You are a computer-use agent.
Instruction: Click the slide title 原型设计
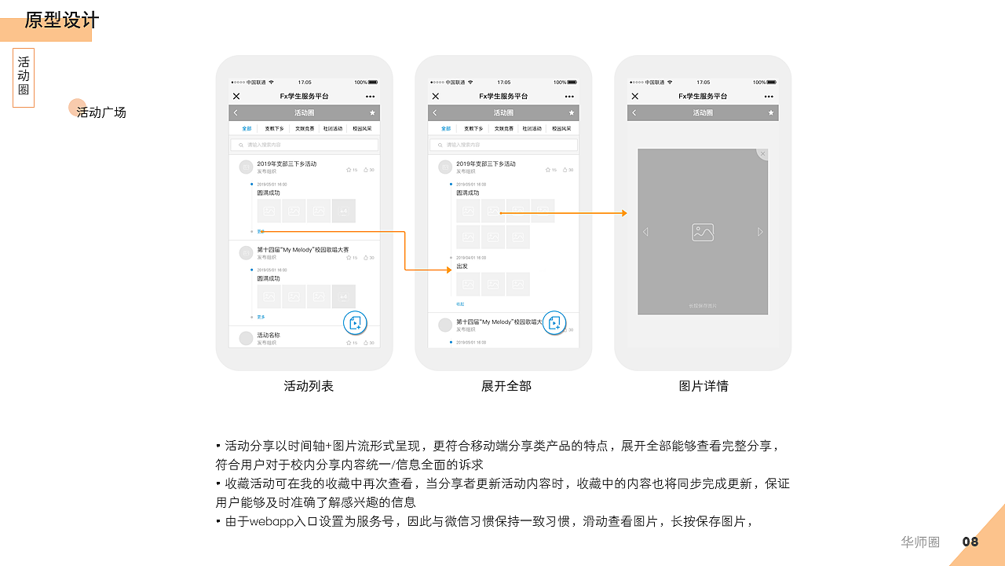pyautogui.click(x=62, y=20)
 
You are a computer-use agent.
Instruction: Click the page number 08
pyautogui.click(x=970, y=542)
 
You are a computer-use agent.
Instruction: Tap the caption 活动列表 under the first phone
pyautogui.click(x=309, y=386)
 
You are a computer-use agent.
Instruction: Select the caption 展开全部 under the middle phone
pyautogui.click(x=506, y=386)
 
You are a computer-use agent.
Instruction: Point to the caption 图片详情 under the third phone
pyautogui.click(x=703, y=386)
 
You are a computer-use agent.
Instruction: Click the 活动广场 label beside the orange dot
pyautogui.click(x=101, y=112)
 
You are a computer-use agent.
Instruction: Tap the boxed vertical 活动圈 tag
pyautogui.click(x=24, y=78)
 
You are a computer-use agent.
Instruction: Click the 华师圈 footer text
pyautogui.click(x=920, y=542)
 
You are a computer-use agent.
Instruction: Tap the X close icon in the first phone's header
pyautogui.click(x=236, y=96)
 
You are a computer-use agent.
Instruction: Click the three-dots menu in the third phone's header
pyautogui.click(x=769, y=96)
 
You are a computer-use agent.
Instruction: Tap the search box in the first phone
pyautogui.click(x=305, y=145)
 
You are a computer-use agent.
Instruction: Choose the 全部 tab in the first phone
pyautogui.click(x=247, y=128)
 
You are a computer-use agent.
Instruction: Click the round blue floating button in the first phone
pyautogui.click(x=356, y=322)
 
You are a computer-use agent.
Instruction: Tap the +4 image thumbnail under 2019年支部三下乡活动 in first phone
pyautogui.click(x=343, y=211)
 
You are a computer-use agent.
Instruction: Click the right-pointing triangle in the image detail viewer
pyautogui.click(x=760, y=232)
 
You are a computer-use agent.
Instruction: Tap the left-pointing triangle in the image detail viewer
pyautogui.click(x=645, y=232)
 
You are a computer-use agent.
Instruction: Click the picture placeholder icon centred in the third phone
pyautogui.click(x=703, y=232)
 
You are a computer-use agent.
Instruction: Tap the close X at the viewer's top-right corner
pyautogui.click(x=763, y=153)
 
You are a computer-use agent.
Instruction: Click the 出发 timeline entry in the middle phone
pyautogui.click(x=462, y=266)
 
